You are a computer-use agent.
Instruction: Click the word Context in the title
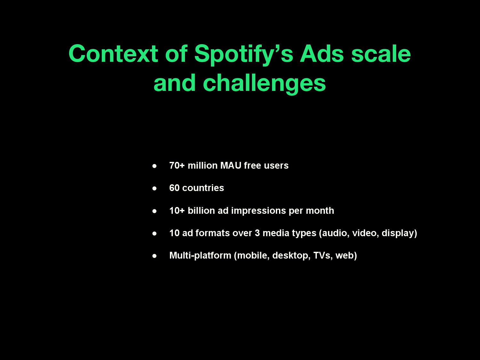tap(113, 53)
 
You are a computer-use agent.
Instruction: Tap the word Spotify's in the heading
tap(244, 55)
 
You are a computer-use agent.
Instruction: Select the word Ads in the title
tap(322, 53)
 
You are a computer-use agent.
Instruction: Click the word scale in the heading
tap(381, 53)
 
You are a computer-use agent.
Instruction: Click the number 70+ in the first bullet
tap(177, 165)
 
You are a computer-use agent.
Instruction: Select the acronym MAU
tap(231, 165)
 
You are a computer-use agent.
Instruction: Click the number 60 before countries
tap(174, 188)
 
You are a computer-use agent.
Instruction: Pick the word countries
tap(203, 188)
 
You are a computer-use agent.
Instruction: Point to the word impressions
tap(259, 211)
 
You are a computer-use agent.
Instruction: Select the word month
tap(320, 211)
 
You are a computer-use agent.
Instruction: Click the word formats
tap(212, 233)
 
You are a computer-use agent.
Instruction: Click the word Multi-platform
tap(200, 256)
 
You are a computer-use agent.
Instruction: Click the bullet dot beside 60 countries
tap(154, 188)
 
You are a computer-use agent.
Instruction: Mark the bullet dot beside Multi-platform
tap(154, 256)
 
